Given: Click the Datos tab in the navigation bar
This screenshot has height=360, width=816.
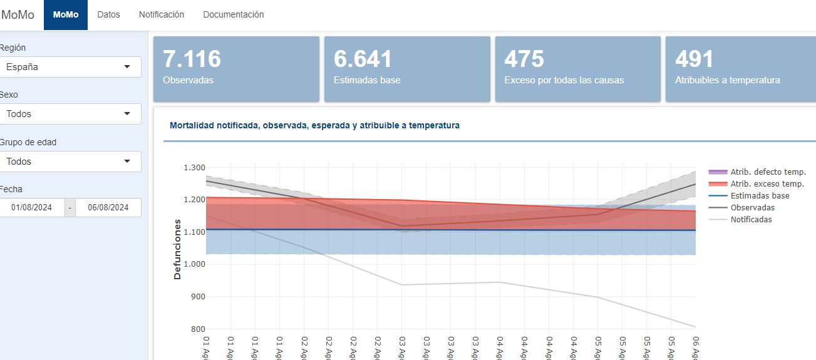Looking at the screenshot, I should pyautogui.click(x=108, y=14).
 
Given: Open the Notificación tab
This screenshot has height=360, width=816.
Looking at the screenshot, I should pyautogui.click(x=162, y=14).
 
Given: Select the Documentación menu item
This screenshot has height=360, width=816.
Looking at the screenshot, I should pyautogui.click(x=234, y=14).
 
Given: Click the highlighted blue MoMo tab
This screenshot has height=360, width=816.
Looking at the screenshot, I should pyautogui.click(x=66, y=15).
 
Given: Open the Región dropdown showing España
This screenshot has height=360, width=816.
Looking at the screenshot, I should pyautogui.click(x=70, y=67).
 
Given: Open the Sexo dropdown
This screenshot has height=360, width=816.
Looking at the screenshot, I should pyautogui.click(x=70, y=114).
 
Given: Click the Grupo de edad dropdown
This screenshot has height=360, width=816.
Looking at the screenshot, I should pyautogui.click(x=70, y=162).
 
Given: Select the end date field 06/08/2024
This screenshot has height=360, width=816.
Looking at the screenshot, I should pyautogui.click(x=108, y=208).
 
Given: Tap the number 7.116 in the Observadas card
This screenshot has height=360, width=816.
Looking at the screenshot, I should pyautogui.click(x=192, y=59).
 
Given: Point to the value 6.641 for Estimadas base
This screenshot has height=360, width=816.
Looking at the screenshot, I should pyautogui.click(x=363, y=59).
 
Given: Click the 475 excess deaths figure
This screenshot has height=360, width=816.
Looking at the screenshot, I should pyautogui.click(x=524, y=59).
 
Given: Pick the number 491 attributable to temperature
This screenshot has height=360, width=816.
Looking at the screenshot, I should pyautogui.click(x=694, y=59).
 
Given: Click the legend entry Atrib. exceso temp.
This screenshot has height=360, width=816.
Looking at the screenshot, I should pyautogui.click(x=767, y=184).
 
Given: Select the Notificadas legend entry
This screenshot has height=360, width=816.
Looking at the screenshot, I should pyautogui.click(x=751, y=220).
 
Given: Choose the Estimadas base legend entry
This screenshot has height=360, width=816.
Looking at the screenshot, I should pyautogui.click(x=760, y=196).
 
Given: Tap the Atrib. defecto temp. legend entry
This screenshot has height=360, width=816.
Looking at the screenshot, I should pyautogui.click(x=768, y=172).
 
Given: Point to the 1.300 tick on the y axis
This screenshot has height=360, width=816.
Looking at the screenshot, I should pyautogui.click(x=194, y=168).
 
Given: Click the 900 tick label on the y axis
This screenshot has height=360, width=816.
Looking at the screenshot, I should pyautogui.click(x=198, y=297).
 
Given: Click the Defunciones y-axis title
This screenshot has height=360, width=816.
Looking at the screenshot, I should pyautogui.click(x=177, y=249).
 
